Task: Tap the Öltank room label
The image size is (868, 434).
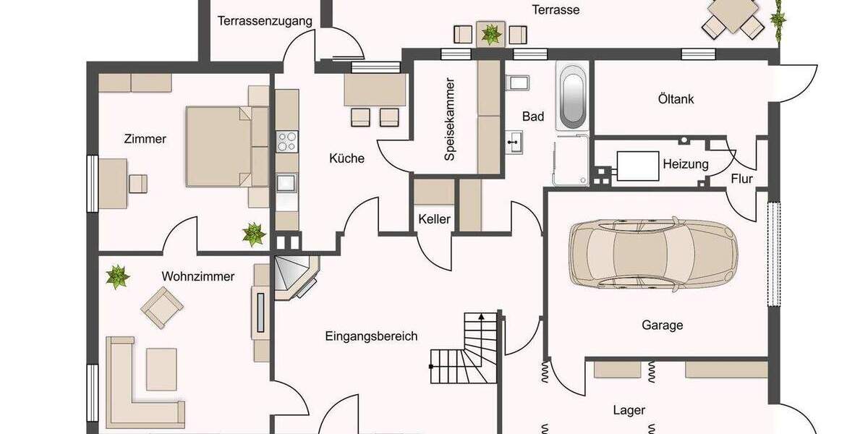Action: pyautogui.click(x=676, y=98)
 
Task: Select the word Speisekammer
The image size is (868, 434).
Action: pyautogui.click(x=450, y=119)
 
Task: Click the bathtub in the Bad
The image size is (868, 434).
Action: pyautogui.click(x=572, y=97)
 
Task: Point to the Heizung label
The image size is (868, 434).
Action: pyautogui.click(x=685, y=164)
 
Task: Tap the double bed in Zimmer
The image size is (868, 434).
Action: pyautogui.click(x=226, y=146)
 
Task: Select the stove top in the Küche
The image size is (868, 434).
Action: pyautogui.click(x=286, y=140)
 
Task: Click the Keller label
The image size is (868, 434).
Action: pyautogui.click(x=434, y=219)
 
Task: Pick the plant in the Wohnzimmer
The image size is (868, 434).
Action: pyautogui.click(x=116, y=276)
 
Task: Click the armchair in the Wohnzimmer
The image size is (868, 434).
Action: pyautogui.click(x=161, y=307)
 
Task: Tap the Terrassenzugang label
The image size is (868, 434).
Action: pyautogui.click(x=265, y=21)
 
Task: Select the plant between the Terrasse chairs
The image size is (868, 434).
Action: pyautogui.click(x=491, y=33)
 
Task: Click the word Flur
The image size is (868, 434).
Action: pyautogui.click(x=741, y=179)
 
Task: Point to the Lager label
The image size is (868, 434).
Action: pyautogui.click(x=629, y=410)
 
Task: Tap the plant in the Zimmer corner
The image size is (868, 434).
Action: pyautogui.click(x=253, y=234)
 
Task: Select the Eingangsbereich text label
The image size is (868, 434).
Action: pyautogui.click(x=371, y=336)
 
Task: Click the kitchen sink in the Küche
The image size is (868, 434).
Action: pyautogui.click(x=286, y=182)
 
